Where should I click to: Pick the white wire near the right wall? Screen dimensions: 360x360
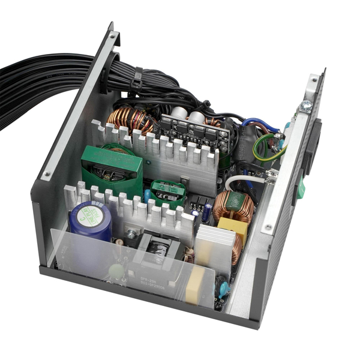246,179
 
